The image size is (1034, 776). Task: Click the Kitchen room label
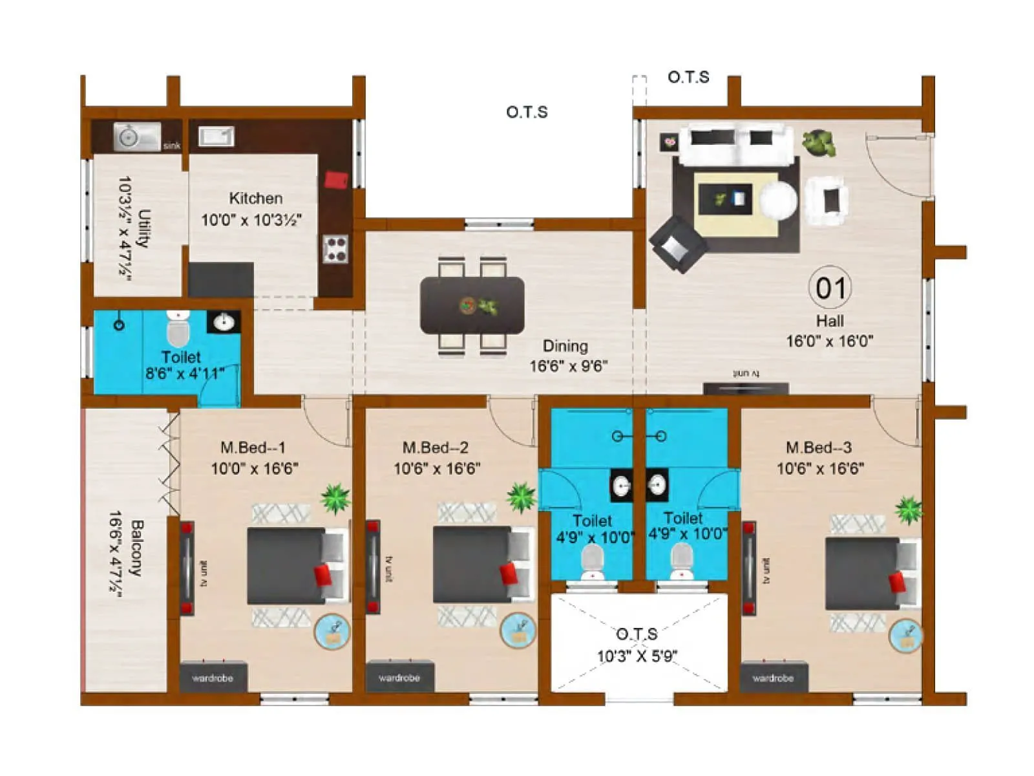pyautogui.click(x=255, y=198)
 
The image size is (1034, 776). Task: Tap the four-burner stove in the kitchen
pyautogui.click(x=335, y=249)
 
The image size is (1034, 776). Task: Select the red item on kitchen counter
pyautogui.click(x=336, y=179)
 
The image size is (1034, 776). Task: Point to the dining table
pyautogui.click(x=472, y=305)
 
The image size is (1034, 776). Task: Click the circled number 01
pyautogui.click(x=830, y=288)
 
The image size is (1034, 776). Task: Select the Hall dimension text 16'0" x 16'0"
pyautogui.click(x=829, y=341)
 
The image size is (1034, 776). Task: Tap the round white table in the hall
pyautogui.click(x=778, y=199)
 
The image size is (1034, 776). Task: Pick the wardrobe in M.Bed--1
pyautogui.click(x=213, y=677)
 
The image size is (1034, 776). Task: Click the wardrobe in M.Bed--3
pyautogui.click(x=773, y=677)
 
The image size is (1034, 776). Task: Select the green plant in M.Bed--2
pyautogui.click(x=521, y=497)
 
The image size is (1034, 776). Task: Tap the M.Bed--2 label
pyautogui.click(x=436, y=447)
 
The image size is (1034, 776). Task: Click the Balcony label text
pyautogui.click(x=136, y=547)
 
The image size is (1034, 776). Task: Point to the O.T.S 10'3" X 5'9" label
pyautogui.click(x=637, y=645)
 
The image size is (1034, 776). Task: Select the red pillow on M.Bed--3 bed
pyautogui.click(x=897, y=581)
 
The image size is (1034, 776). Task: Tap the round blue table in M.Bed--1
pyautogui.click(x=332, y=632)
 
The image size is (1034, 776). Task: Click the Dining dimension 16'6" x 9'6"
pyautogui.click(x=568, y=366)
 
